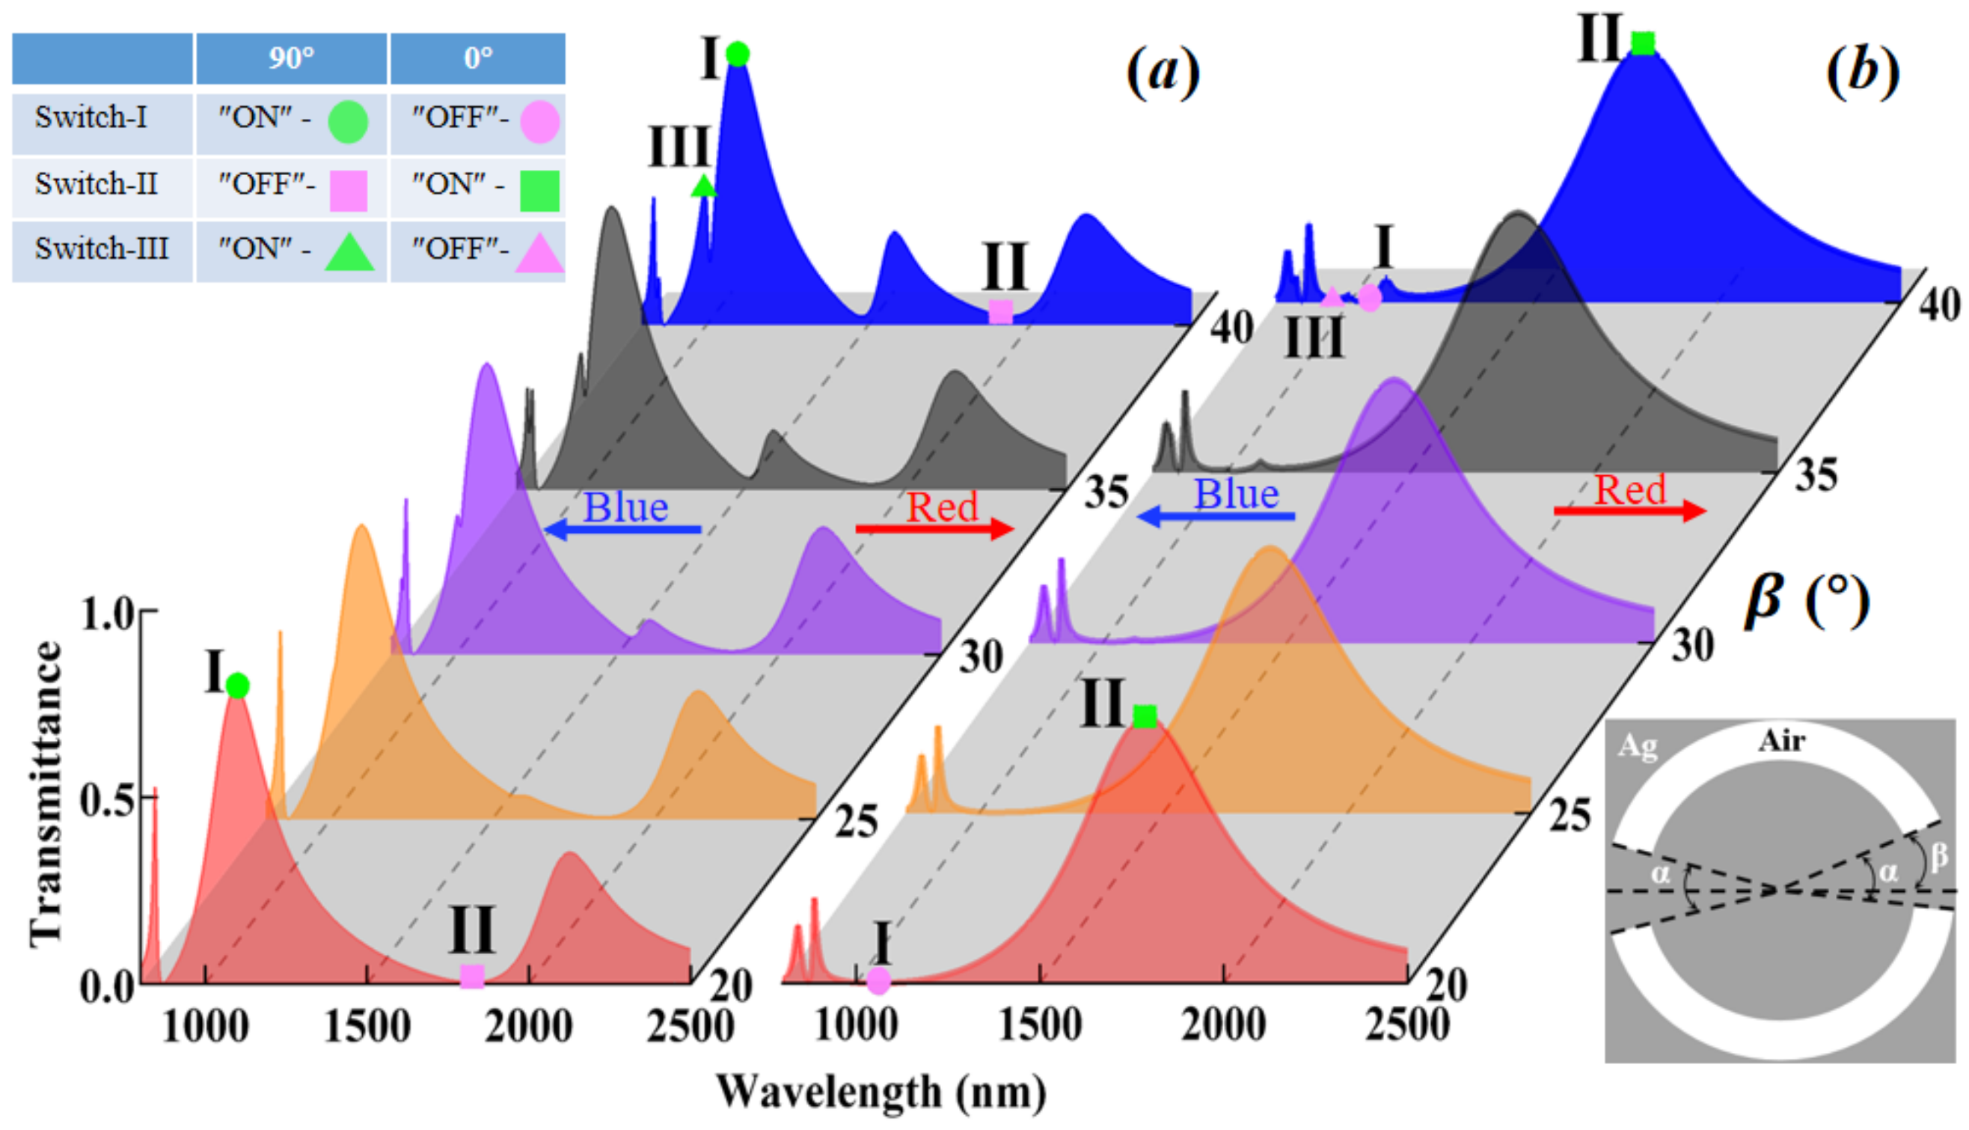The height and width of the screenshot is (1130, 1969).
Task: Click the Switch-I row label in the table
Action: (91, 117)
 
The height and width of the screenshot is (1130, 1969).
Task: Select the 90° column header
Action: (291, 58)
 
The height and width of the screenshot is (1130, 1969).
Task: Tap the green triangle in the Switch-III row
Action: (349, 251)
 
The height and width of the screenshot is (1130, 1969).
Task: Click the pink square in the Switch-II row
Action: (349, 190)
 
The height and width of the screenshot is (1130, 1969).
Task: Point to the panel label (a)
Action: (1162, 71)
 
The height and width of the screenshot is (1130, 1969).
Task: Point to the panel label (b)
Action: (1862, 71)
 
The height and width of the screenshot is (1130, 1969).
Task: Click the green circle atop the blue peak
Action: (737, 55)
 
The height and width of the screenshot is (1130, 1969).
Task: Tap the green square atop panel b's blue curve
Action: (1642, 43)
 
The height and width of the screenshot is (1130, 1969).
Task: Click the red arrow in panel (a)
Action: (934, 529)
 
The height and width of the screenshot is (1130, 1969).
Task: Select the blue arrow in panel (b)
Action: (1216, 516)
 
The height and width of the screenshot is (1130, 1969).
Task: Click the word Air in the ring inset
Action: (1781, 741)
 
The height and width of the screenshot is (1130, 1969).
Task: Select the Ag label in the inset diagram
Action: (1638, 746)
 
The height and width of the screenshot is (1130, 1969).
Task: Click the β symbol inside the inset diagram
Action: (1938, 856)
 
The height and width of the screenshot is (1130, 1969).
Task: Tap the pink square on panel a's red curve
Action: (472, 977)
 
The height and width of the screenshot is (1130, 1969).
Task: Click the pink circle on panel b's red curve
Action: (878, 980)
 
